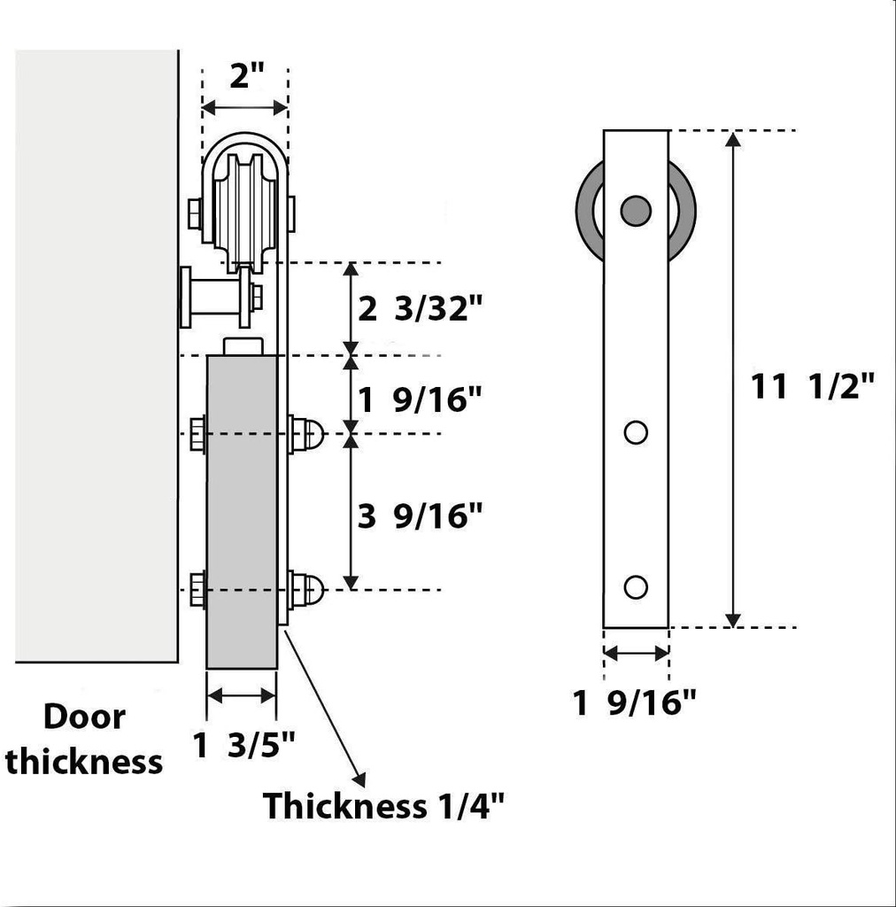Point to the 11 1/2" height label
pyautogui.click(x=813, y=386)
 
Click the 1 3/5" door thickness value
pyautogui.click(x=244, y=746)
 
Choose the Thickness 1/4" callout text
pyautogui.click(x=383, y=806)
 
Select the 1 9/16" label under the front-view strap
pyautogui.click(x=635, y=703)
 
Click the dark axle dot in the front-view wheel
pyautogui.click(x=636, y=210)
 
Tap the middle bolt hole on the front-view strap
pyautogui.click(x=636, y=432)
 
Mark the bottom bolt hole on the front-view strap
pyautogui.click(x=636, y=586)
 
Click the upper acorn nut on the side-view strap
pyautogui.click(x=307, y=434)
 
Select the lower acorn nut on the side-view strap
pyautogui.click(x=307, y=590)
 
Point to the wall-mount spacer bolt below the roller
pyautogui.click(x=217, y=297)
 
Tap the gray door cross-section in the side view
pyautogui.click(x=241, y=512)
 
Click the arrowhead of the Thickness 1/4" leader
pyautogui.click(x=359, y=779)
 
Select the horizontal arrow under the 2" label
pyautogui.click(x=244, y=107)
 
